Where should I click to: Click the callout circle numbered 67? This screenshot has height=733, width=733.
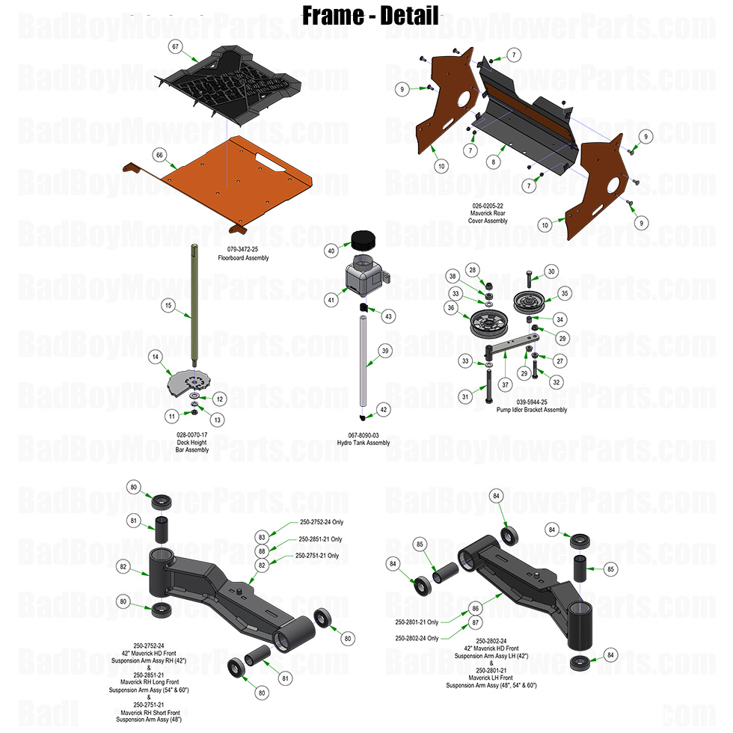(x=176, y=47)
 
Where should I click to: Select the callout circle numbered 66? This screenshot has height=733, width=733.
(x=159, y=154)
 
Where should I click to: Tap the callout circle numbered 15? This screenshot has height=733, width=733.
(x=168, y=305)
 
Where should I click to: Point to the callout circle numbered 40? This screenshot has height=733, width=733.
(x=331, y=251)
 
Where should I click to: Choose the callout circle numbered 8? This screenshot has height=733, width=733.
(x=494, y=161)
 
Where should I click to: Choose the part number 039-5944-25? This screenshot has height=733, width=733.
(x=530, y=403)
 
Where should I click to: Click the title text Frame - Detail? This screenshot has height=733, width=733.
(x=369, y=15)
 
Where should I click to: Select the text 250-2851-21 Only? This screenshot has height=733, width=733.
(x=320, y=539)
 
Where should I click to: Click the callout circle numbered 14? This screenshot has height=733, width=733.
(x=156, y=358)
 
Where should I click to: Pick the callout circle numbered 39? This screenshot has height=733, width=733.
(x=384, y=350)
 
